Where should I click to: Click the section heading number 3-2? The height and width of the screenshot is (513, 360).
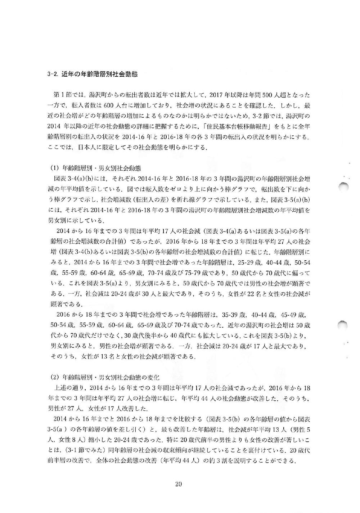[x=53, y=75]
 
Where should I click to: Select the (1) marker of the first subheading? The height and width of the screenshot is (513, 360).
[x=54, y=168]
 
